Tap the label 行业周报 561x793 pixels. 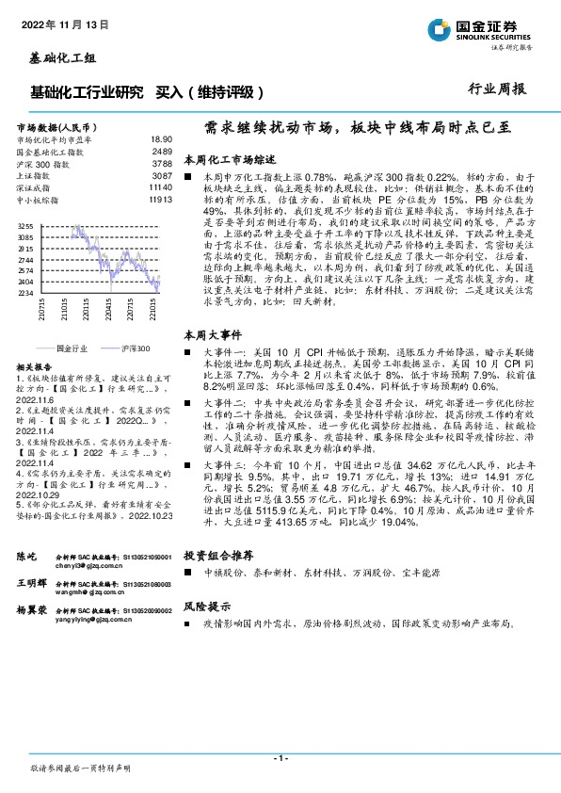pyautogui.click(x=497, y=90)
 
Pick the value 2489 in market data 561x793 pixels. pyautogui.click(x=162, y=151)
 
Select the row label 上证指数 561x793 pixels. pyautogui.click(x=35, y=175)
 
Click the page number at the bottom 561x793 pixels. pyautogui.click(x=280, y=758)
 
